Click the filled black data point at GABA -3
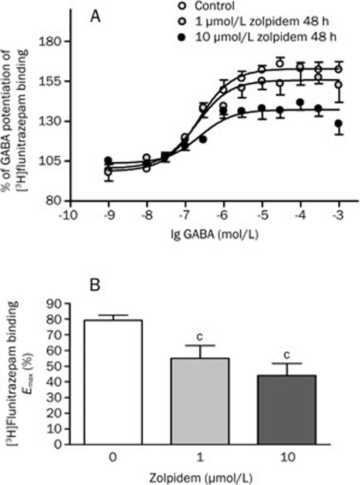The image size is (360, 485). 339,124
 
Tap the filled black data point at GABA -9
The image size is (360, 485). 108,160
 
